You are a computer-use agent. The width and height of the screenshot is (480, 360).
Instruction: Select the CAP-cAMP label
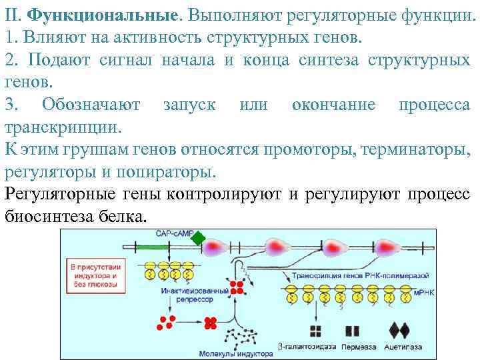(174, 234)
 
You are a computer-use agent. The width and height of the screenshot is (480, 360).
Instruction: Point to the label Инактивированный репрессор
(186, 295)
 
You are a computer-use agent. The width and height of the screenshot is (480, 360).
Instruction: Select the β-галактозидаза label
(306, 347)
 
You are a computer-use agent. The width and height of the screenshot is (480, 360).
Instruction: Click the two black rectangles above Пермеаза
(352, 331)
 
